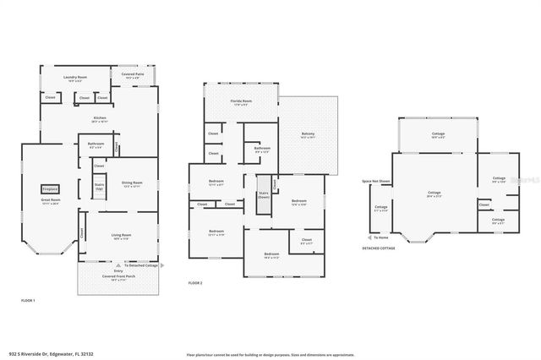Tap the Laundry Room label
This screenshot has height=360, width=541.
[x=76, y=78]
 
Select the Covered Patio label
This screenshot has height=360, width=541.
[x=134, y=74]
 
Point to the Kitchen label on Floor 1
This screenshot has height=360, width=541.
[x=99, y=118]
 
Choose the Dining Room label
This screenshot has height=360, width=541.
[x=132, y=183]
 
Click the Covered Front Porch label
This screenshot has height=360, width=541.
[x=120, y=277]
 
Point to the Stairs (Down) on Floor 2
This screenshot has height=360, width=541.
[x=263, y=195]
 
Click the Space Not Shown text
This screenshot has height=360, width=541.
[x=376, y=181]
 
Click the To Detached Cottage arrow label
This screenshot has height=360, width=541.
[x=140, y=265]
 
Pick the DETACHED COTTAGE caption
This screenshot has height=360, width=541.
[x=378, y=249]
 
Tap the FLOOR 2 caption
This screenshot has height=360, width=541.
[x=195, y=282]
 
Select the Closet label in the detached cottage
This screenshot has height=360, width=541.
[x=484, y=205]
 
